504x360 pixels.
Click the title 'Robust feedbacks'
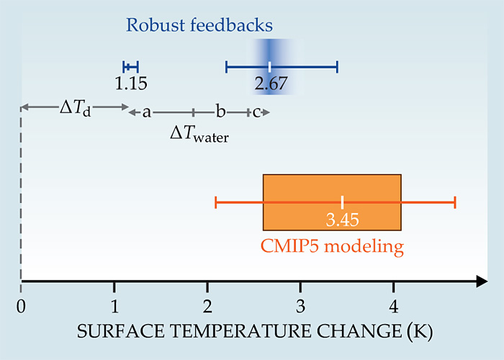point(199,25)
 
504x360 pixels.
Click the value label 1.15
point(131,84)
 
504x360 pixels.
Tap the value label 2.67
point(271,84)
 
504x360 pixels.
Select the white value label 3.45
point(342,218)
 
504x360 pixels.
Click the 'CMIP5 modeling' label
point(331,247)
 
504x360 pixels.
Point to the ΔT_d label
point(75,109)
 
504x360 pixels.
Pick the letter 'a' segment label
point(146,112)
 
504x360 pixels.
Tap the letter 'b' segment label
point(221,112)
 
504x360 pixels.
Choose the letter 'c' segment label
point(256,112)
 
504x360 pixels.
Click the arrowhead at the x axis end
point(480,282)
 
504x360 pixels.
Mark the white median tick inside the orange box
point(342,202)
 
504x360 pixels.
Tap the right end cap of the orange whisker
point(455,202)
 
